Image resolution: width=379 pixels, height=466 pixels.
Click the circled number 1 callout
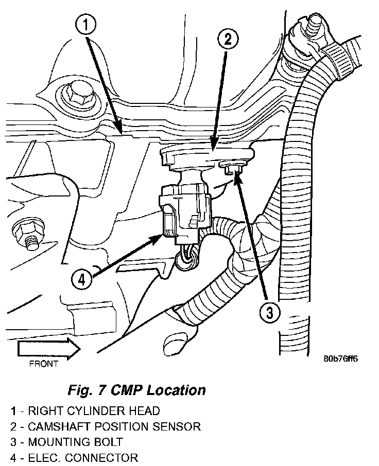point(85,25)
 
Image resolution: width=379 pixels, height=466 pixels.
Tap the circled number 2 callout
point(228,39)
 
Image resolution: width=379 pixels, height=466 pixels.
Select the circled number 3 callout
point(269,312)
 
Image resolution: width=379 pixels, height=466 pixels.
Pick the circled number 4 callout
point(82,280)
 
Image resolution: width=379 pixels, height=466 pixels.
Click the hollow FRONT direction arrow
point(49,348)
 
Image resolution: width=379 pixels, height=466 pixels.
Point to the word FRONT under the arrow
point(43,364)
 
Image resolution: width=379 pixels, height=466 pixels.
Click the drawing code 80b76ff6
point(340,359)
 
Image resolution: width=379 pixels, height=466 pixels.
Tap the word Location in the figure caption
point(177,390)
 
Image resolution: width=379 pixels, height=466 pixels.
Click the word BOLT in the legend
point(108,442)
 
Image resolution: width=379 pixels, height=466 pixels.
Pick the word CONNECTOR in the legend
point(102,458)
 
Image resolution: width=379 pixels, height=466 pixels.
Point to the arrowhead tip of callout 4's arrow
point(162,235)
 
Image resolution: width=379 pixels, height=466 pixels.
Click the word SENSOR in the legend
point(177,426)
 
